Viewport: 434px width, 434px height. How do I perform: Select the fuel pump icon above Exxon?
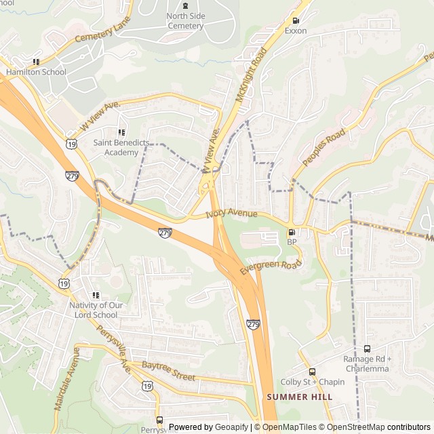(295, 21)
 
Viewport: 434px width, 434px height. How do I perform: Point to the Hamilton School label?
(36, 72)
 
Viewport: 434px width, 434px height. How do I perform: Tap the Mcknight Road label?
(249, 75)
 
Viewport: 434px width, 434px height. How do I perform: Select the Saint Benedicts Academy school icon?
(121, 132)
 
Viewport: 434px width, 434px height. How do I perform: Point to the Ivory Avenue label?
(231, 214)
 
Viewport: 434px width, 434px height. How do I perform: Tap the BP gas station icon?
(292, 232)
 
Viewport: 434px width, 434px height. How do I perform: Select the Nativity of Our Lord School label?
(97, 310)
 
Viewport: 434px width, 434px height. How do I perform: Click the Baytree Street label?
(168, 372)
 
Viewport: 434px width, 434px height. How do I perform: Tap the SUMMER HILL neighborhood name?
(299, 397)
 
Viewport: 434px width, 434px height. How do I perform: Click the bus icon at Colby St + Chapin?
(312, 372)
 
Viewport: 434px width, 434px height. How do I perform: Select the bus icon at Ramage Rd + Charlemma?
(367, 349)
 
